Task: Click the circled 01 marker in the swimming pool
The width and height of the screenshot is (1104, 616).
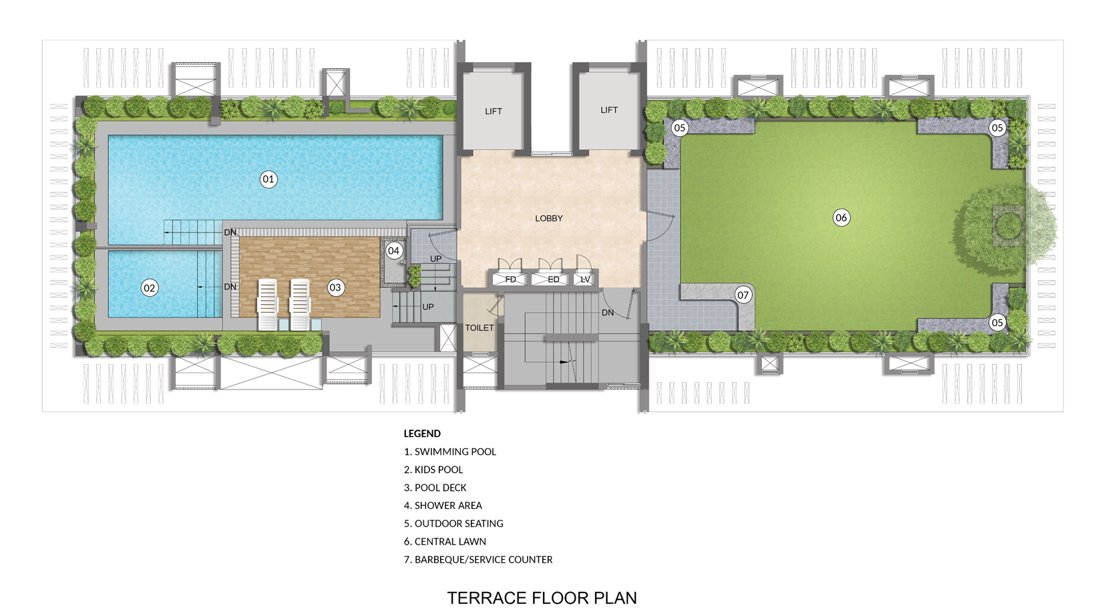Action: [x=268, y=179]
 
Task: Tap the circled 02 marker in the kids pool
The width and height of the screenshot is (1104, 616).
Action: [x=150, y=288]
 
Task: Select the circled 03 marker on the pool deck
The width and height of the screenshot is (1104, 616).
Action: [x=335, y=287]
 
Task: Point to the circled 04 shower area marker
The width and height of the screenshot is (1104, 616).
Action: [x=393, y=251]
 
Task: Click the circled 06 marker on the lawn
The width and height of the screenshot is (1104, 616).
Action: [x=842, y=218]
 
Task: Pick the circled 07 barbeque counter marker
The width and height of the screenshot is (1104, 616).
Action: [x=743, y=295]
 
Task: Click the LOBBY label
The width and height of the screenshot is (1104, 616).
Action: [x=549, y=218]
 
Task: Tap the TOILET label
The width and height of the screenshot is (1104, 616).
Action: [x=480, y=327]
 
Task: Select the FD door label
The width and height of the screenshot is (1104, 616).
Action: [x=511, y=280]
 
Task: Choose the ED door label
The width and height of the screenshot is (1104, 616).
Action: [x=554, y=280]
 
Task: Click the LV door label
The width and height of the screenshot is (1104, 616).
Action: [x=586, y=280]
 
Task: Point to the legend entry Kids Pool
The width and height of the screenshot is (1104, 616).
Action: [x=433, y=470]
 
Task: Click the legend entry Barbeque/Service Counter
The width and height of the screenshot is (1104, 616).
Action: [x=478, y=559]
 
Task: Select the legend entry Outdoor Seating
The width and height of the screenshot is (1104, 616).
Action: [x=453, y=523]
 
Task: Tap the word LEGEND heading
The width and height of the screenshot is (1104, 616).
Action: [x=422, y=434]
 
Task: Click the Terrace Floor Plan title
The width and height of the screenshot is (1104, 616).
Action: [x=542, y=598]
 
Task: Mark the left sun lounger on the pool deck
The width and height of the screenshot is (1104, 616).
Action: [x=268, y=304]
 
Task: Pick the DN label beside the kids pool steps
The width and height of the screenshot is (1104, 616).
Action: [x=230, y=287]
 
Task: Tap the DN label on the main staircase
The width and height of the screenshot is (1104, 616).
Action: [x=608, y=313]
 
